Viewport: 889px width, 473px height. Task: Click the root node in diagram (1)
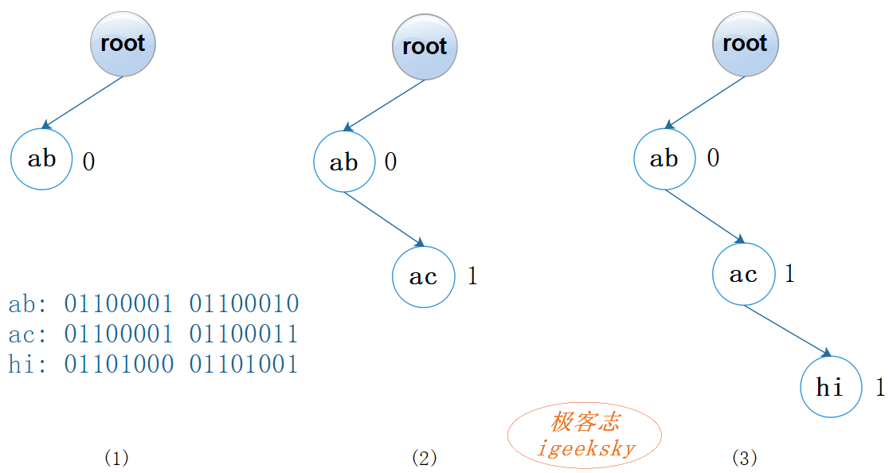pyautogui.click(x=123, y=43)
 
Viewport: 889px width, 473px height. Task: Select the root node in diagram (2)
pyautogui.click(x=425, y=46)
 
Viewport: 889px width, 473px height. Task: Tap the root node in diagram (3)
pyautogui.click(x=745, y=43)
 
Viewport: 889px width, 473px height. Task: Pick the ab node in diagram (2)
pyautogui.click(x=344, y=162)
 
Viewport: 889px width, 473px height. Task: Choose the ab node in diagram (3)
pyautogui.click(x=664, y=158)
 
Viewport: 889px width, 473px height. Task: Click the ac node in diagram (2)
pyautogui.click(x=423, y=276)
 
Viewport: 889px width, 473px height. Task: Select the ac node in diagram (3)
pyautogui.click(x=743, y=274)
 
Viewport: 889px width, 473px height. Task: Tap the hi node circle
pyautogui.click(x=831, y=387)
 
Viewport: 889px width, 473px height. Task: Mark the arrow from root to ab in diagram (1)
pyautogui.click(x=83, y=102)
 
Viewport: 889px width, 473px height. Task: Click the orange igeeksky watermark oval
pyautogui.click(x=585, y=435)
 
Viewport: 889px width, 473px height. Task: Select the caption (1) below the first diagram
pyautogui.click(x=116, y=458)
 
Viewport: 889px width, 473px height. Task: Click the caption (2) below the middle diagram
pyautogui.click(x=425, y=458)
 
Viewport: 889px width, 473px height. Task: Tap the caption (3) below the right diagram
pyautogui.click(x=744, y=458)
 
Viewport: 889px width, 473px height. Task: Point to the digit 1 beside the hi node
pyautogui.click(x=879, y=388)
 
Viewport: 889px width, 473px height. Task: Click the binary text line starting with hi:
pyautogui.click(x=154, y=365)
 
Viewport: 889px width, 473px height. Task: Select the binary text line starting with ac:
pyautogui.click(x=154, y=334)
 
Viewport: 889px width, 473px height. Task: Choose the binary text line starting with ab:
pyautogui.click(x=154, y=303)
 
